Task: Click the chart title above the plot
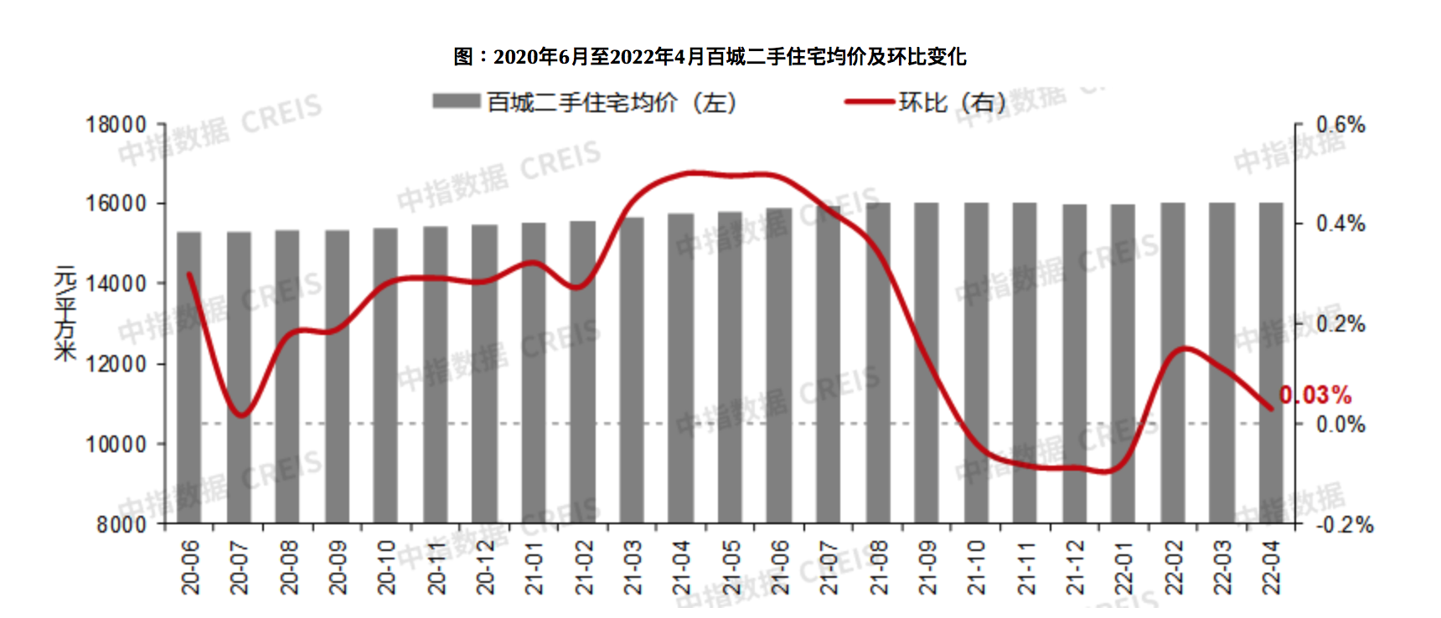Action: coord(710,57)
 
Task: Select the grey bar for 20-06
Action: coord(189,377)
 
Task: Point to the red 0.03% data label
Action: coord(1315,394)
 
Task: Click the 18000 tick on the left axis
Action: coord(116,126)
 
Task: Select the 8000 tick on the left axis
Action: coord(121,525)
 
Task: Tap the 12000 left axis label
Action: coord(116,364)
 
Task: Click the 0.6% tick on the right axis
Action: coord(1340,126)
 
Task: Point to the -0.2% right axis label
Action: coord(1344,525)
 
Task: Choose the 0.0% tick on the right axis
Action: coord(1340,425)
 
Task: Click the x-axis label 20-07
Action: coord(240,567)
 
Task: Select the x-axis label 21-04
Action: coord(681,567)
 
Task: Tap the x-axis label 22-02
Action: coord(1173,567)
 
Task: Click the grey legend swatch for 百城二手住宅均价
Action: coord(456,101)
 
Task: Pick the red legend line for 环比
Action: coord(869,101)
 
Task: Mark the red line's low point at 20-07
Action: coord(240,415)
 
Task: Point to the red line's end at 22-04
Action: coord(1271,409)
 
